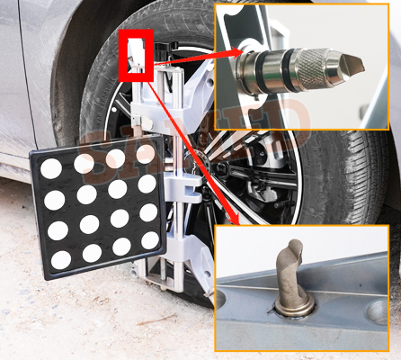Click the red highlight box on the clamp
137,55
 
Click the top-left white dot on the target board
51,168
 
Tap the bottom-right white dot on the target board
150,239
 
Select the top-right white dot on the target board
145,154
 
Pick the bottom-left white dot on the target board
61,259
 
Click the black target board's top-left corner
33,154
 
